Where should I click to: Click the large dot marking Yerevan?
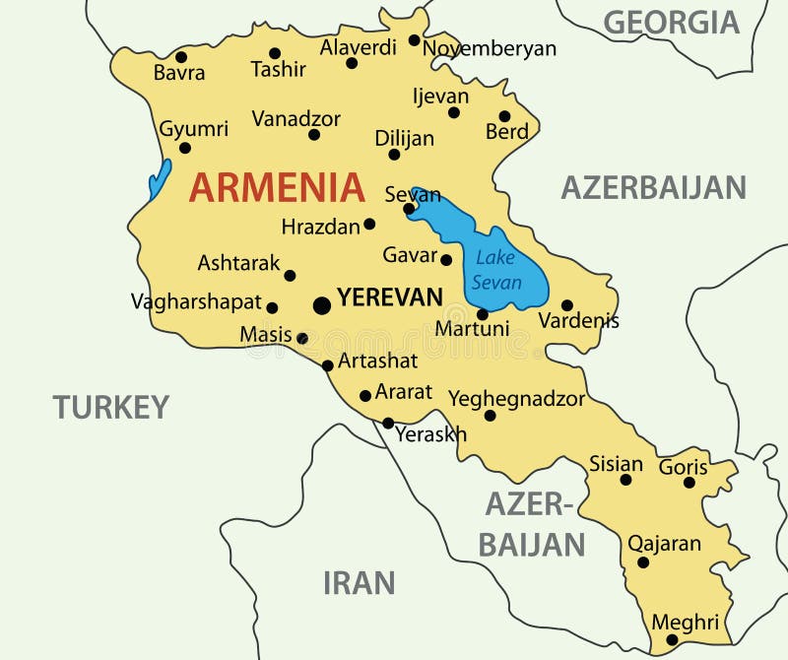coord(322,305)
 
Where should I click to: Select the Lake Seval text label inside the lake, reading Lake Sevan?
coord(496,270)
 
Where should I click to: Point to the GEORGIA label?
coord(671,22)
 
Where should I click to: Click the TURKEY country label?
coord(111,407)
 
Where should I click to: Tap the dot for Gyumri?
coord(184,149)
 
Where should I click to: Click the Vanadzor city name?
coord(295,119)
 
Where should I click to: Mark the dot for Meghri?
coord(672,640)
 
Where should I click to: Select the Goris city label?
coord(684,467)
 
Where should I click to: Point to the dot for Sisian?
coord(625,480)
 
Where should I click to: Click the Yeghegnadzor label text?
coord(516,399)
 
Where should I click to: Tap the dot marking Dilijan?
coord(394,155)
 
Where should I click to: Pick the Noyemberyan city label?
coord(490,48)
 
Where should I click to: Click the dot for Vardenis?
coord(566,305)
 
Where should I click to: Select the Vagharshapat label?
coord(196,302)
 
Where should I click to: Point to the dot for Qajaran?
coord(643,562)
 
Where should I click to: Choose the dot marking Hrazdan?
coord(369,224)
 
